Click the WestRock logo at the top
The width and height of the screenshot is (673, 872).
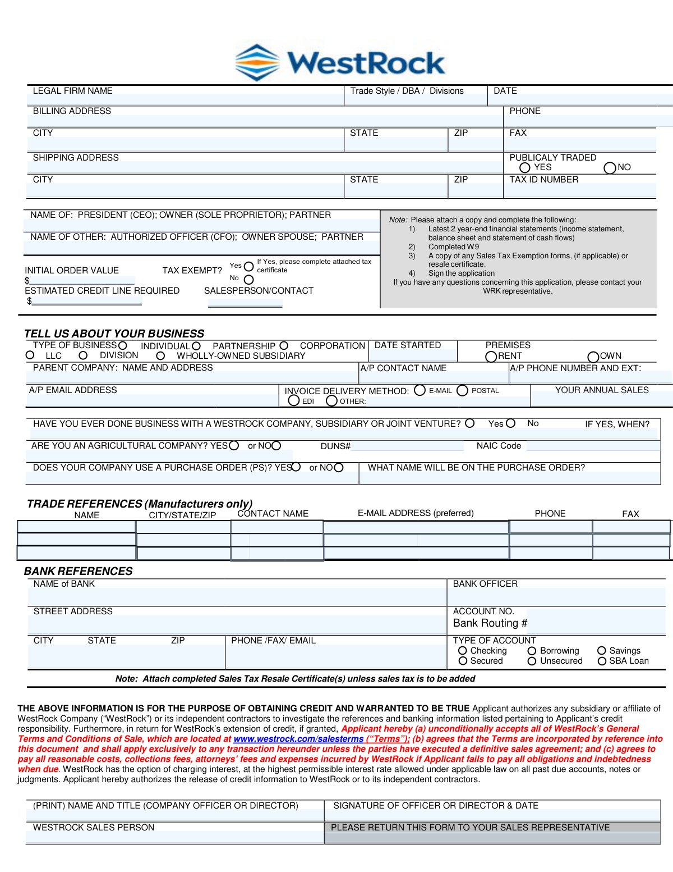tap(340, 62)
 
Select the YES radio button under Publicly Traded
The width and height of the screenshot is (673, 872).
tap(525, 168)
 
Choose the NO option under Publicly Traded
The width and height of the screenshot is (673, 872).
tap(610, 168)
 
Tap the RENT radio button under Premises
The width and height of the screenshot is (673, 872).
tap(491, 357)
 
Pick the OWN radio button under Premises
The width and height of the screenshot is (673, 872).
tap(593, 357)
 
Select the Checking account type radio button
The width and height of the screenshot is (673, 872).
tap(463, 651)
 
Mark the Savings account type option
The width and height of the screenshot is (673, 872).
tap(602, 651)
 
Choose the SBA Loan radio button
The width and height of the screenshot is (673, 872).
tap(602, 661)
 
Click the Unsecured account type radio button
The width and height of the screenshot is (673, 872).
tap(532, 661)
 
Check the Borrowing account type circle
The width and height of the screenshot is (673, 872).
tap(532, 651)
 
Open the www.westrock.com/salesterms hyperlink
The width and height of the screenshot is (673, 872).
tap(298, 739)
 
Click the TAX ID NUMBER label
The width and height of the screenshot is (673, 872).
tap(543, 180)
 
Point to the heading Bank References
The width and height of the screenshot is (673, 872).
tap(78, 571)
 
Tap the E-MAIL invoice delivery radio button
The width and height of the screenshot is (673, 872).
tap(420, 390)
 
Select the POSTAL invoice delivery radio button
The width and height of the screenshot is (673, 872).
tap(462, 390)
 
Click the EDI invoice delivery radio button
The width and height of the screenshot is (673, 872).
tap(294, 400)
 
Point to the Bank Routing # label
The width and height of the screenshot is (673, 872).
tap(490, 623)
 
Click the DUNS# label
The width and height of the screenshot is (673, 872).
tap(335, 446)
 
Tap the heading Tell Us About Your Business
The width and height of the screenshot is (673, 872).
tap(114, 334)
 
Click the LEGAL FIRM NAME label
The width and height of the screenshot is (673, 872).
tap(72, 91)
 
